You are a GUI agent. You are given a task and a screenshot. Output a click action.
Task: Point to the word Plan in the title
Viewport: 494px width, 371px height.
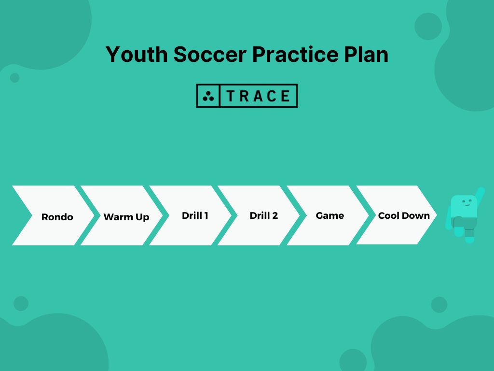coord(366,55)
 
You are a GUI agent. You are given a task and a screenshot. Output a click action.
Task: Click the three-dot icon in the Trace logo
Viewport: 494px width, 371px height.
coord(208,96)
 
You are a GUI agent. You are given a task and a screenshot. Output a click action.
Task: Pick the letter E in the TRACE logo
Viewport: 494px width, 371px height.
coord(285,96)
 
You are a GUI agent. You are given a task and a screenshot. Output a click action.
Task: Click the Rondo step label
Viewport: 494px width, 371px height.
coord(57,217)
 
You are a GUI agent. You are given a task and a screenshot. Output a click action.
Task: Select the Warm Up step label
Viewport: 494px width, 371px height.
coord(126,217)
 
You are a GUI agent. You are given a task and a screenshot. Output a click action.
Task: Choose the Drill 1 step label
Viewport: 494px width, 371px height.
coord(195,215)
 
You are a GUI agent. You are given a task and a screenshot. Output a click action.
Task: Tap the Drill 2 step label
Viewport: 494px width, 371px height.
coord(263,215)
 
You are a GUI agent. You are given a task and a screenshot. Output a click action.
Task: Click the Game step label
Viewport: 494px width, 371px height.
coord(330,215)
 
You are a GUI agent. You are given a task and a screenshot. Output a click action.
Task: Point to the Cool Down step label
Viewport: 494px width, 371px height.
coord(404,215)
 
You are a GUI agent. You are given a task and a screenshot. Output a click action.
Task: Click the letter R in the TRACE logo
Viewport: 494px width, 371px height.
coord(244,96)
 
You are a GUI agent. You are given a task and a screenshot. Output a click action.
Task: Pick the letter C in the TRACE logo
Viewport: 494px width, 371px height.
coord(272,96)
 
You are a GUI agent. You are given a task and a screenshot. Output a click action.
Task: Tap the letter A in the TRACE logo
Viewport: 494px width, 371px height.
coord(258,96)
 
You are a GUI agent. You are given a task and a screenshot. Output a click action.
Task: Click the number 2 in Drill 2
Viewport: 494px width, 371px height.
coord(275,215)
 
